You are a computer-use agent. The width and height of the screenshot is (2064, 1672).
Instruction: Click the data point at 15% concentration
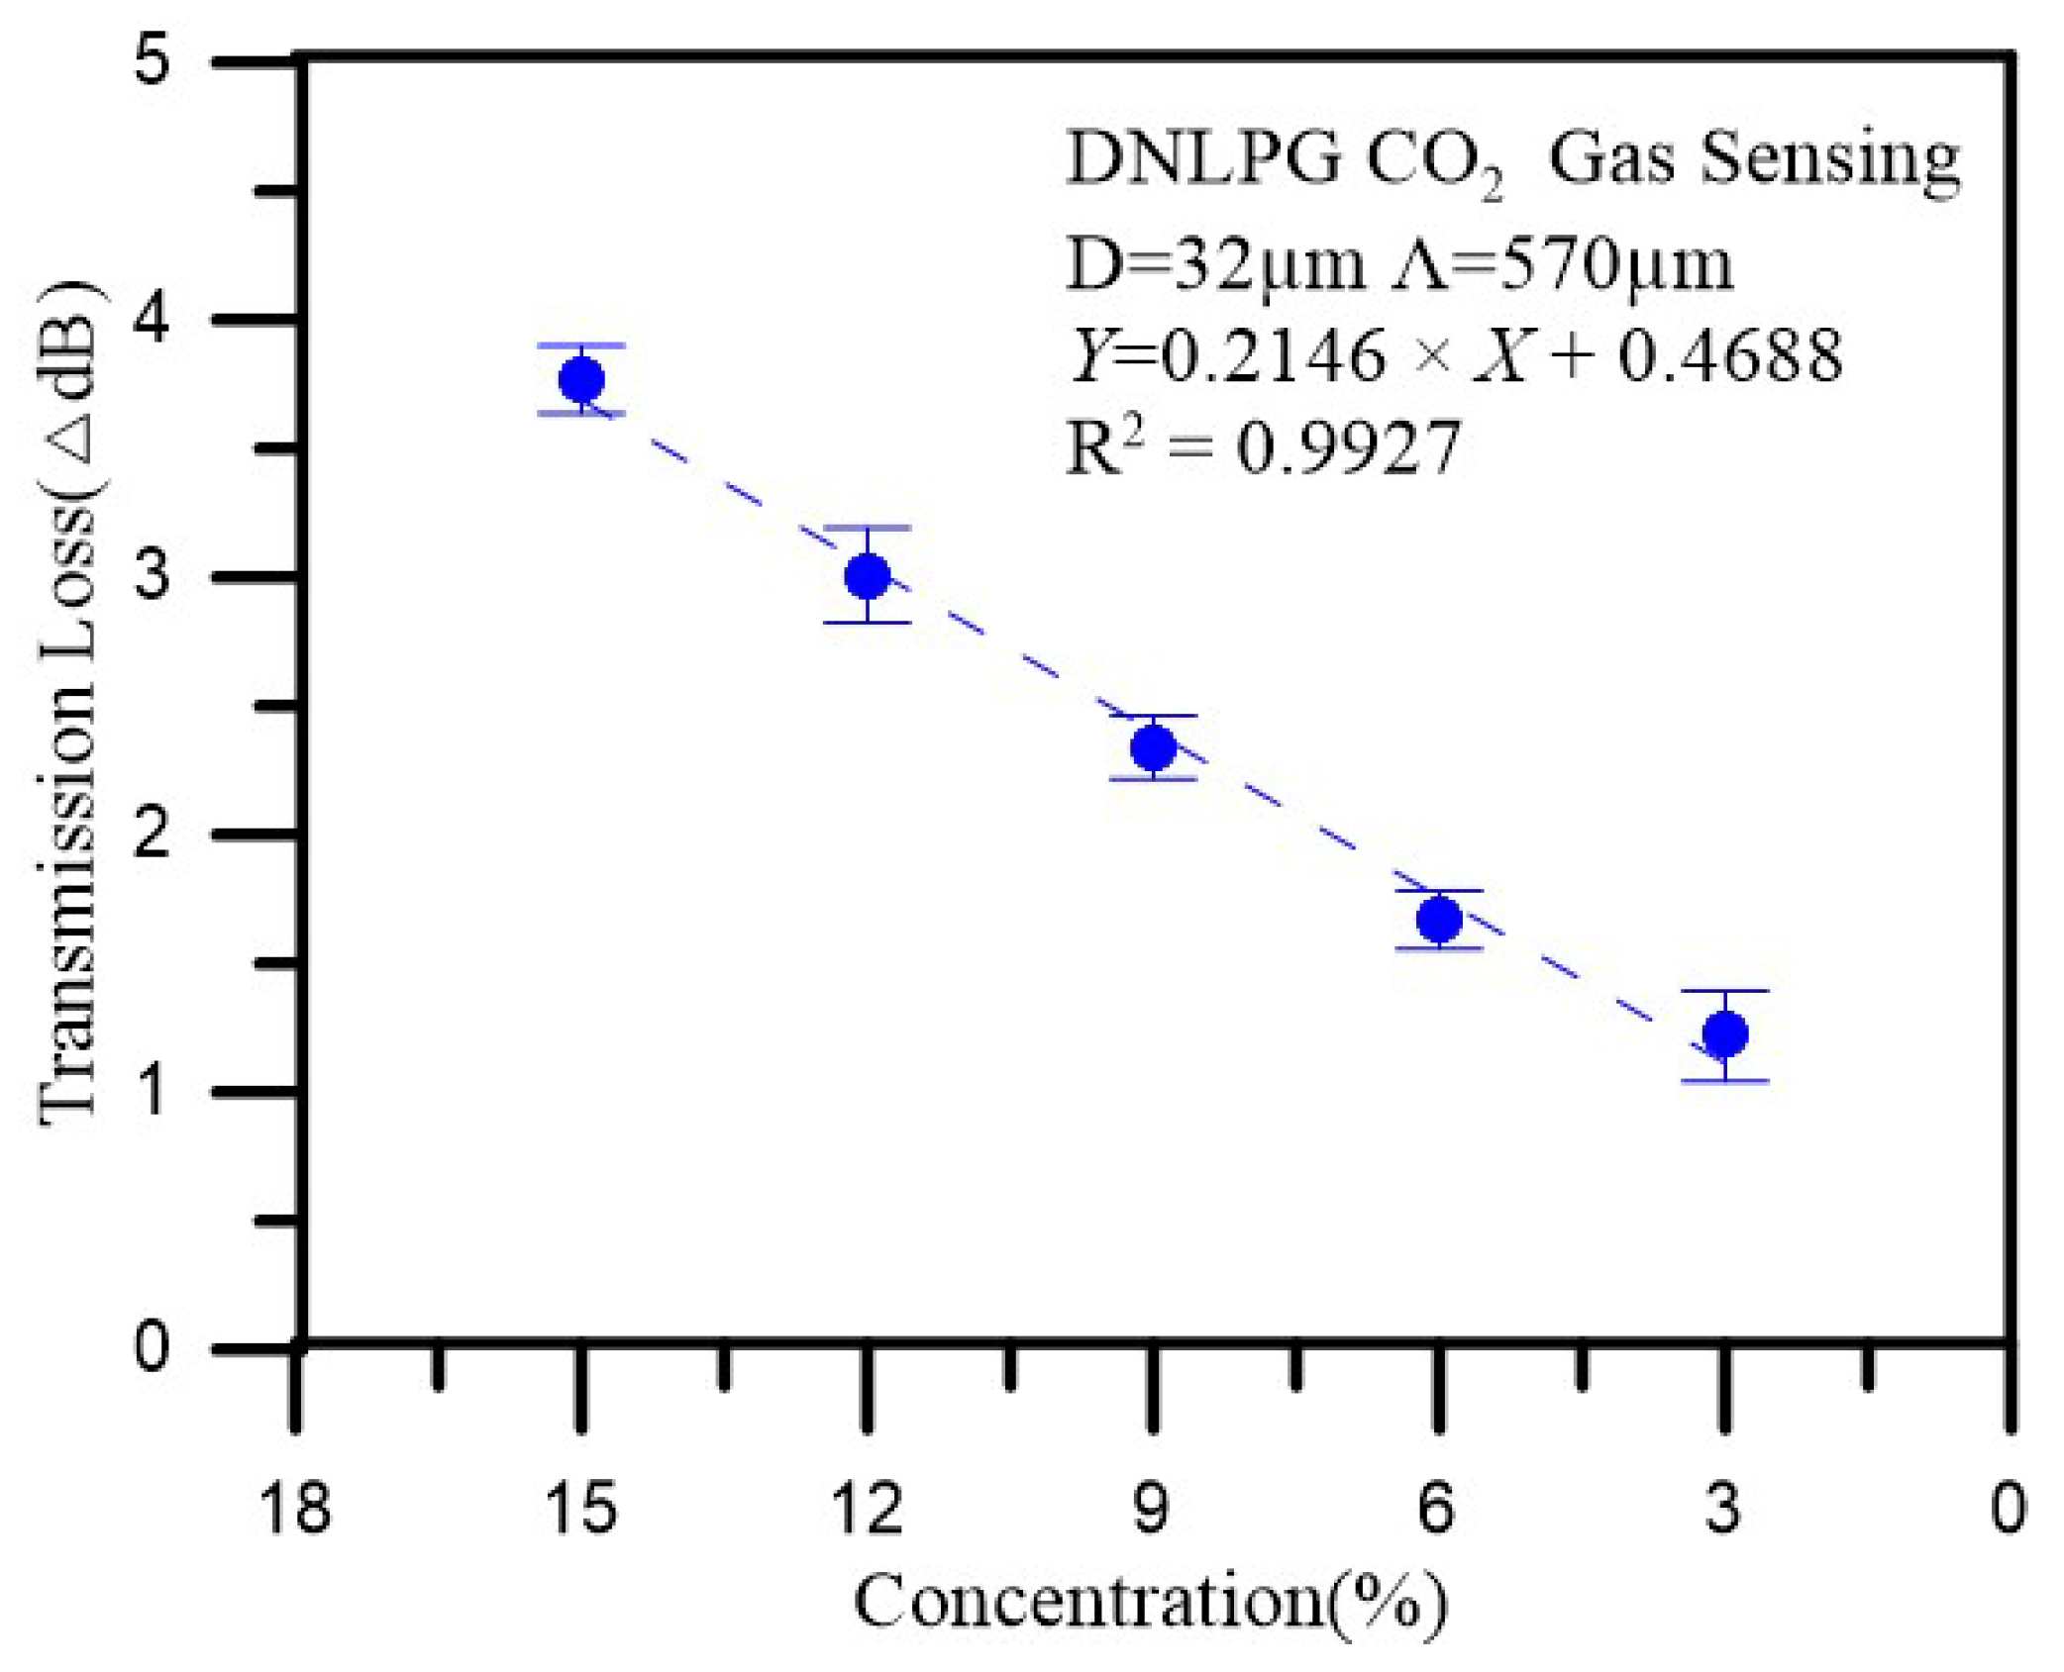point(581,379)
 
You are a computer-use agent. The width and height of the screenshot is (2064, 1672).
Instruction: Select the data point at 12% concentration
point(868,575)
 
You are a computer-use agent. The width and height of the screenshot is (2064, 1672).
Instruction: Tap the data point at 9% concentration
point(1153,747)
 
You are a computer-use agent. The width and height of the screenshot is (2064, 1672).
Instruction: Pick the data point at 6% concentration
point(1439,920)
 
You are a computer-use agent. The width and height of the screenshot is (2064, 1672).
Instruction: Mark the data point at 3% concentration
point(1725,1034)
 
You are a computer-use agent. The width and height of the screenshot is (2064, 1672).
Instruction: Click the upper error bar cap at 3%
point(1725,990)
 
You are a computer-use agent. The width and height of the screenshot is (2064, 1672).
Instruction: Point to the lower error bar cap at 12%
point(868,623)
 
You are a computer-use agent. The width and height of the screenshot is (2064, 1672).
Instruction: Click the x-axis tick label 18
point(294,1509)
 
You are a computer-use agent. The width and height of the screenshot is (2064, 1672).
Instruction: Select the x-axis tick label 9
point(1151,1509)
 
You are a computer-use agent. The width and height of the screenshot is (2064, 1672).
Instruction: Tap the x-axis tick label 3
point(1723,1509)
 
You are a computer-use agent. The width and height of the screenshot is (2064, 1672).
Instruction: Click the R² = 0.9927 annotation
point(1263,446)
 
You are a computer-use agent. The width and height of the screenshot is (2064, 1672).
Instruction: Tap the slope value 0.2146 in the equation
point(1272,355)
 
